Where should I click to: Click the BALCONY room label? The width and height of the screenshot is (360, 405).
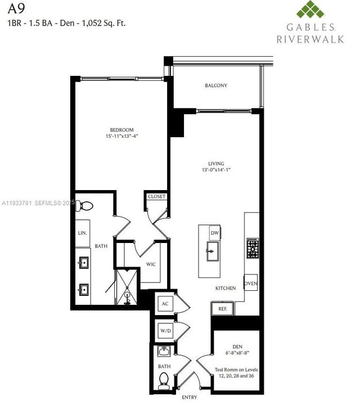click(216, 85)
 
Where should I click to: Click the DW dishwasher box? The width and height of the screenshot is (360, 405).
click(215, 233)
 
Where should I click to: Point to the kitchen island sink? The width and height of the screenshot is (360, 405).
click(213, 251)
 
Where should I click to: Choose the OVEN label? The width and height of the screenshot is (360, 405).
click(251, 283)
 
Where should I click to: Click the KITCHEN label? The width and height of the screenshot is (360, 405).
click(226, 288)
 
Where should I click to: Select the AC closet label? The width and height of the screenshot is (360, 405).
click(165, 304)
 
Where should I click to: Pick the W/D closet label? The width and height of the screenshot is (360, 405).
click(165, 331)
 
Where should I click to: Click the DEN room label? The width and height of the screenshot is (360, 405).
click(237, 346)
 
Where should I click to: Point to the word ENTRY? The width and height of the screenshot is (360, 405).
click(190, 398)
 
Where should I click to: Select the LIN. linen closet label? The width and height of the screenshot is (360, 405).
click(82, 232)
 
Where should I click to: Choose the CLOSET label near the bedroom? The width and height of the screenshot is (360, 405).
click(156, 197)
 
